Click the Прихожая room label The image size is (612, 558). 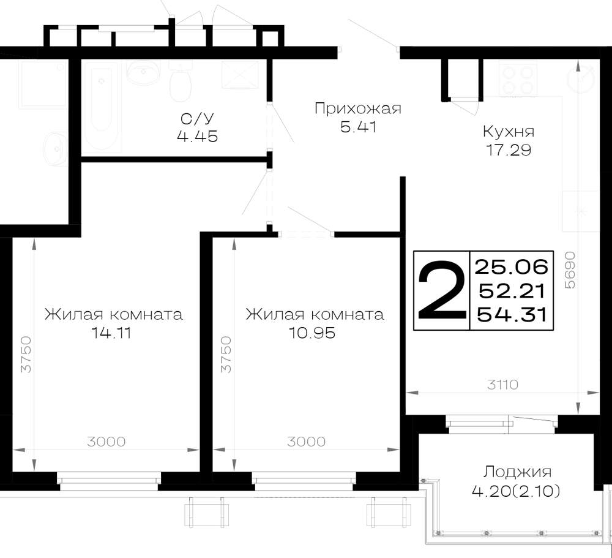tap(358, 109)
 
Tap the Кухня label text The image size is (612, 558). tap(509, 132)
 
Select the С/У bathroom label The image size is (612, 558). tap(198, 118)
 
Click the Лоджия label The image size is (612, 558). tap(517, 472)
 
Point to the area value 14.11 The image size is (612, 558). tap(111, 333)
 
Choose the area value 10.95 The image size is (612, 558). tap(312, 333)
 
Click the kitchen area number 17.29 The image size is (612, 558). tap(509, 150)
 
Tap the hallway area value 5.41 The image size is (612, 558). tap(358, 127)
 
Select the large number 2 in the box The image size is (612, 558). tap(442, 291)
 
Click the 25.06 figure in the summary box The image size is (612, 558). tap(512, 267)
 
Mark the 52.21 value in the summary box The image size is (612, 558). tap(512, 291)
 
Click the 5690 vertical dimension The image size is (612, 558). tap(570, 270)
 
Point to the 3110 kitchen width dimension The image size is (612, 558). tap(502, 385)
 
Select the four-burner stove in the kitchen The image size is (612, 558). tap(518, 79)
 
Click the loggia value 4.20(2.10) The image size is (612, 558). tap(516, 491)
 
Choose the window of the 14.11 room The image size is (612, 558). tap(109, 481)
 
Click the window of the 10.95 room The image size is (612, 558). tap(304, 481)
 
